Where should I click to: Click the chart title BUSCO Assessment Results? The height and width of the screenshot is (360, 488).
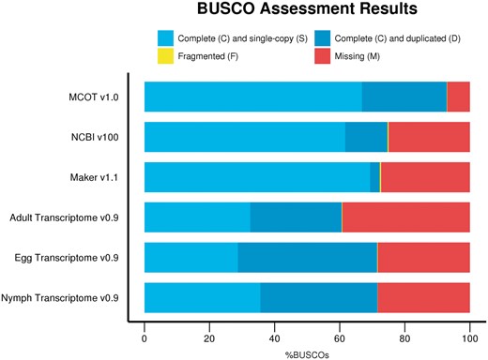pos(306,13)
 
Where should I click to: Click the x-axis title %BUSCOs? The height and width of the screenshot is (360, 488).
pos(306,353)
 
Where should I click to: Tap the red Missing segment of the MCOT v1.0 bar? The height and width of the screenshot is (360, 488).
pos(458,97)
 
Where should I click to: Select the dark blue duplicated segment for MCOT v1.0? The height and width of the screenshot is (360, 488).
pos(404,97)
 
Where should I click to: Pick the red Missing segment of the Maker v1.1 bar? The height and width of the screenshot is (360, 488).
pos(425,177)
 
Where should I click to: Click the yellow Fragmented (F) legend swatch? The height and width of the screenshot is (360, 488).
pos(165,57)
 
